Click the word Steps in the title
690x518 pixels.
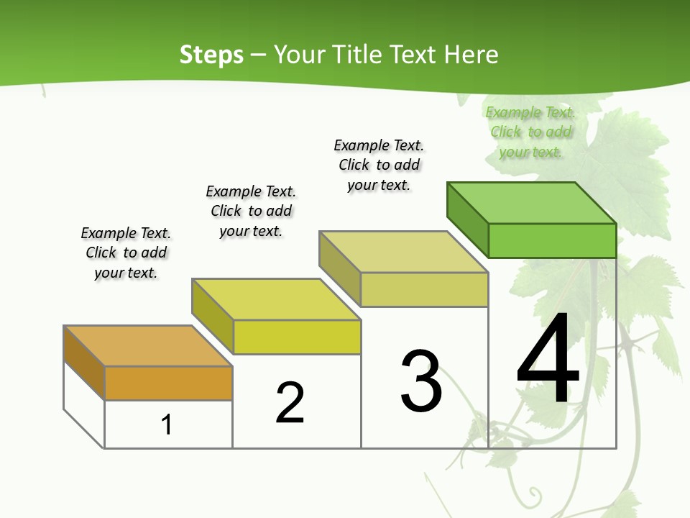(211, 55)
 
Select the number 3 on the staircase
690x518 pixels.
(421, 382)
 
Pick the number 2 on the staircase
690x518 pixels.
(290, 403)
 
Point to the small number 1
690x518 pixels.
(167, 424)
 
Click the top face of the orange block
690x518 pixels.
(147, 346)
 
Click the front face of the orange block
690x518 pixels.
(168, 383)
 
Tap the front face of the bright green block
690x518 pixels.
(552, 240)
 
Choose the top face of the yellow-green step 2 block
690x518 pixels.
(276, 299)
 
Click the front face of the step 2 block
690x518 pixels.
(297, 337)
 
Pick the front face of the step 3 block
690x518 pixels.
(424, 289)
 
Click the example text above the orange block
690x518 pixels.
(126, 253)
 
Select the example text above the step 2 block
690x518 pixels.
(251, 211)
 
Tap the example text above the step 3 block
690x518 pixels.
(379, 165)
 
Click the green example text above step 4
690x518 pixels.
(530, 132)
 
